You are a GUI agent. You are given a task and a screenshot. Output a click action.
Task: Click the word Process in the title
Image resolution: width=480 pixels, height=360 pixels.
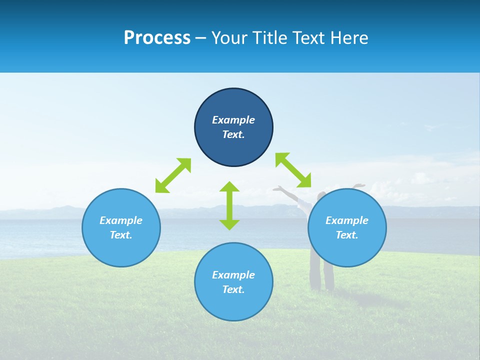tap(157, 38)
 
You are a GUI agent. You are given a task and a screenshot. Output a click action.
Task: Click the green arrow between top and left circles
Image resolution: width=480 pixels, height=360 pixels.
tap(173, 175)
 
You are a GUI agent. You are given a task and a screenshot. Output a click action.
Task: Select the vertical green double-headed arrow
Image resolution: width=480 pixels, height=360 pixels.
tap(229, 205)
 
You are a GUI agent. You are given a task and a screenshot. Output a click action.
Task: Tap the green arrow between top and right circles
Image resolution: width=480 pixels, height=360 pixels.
tap(293, 170)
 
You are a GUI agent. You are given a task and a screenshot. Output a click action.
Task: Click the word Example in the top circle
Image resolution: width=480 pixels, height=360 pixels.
tap(233, 120)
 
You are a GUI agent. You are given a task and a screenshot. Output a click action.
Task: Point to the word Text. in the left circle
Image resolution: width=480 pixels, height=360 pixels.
tap(121, 235)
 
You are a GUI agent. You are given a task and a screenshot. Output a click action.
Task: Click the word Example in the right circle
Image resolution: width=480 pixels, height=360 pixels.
tap(347, 220)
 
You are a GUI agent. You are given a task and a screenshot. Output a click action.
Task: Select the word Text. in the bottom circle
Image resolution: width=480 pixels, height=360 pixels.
tap(233, 289)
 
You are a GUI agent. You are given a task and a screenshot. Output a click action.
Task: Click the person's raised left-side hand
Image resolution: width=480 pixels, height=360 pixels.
tap(277, 189)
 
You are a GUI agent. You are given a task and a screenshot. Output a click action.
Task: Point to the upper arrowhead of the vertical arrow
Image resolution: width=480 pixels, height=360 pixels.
tap(229, 187)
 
